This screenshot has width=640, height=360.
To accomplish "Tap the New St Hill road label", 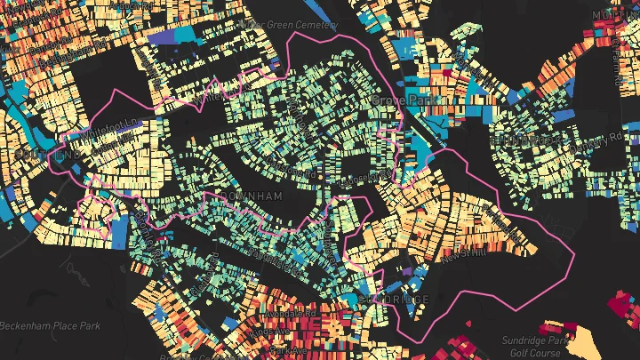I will coord(463,255).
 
